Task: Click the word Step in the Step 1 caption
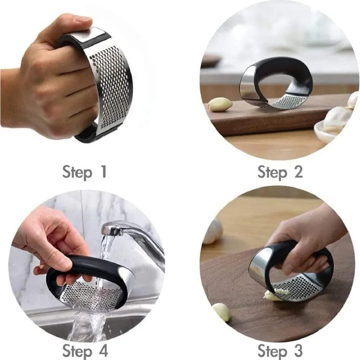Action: (77, 172)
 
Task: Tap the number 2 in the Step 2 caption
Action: (298, 172)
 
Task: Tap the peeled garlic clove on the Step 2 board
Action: (220, 104)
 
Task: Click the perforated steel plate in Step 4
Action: (90, 294)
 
